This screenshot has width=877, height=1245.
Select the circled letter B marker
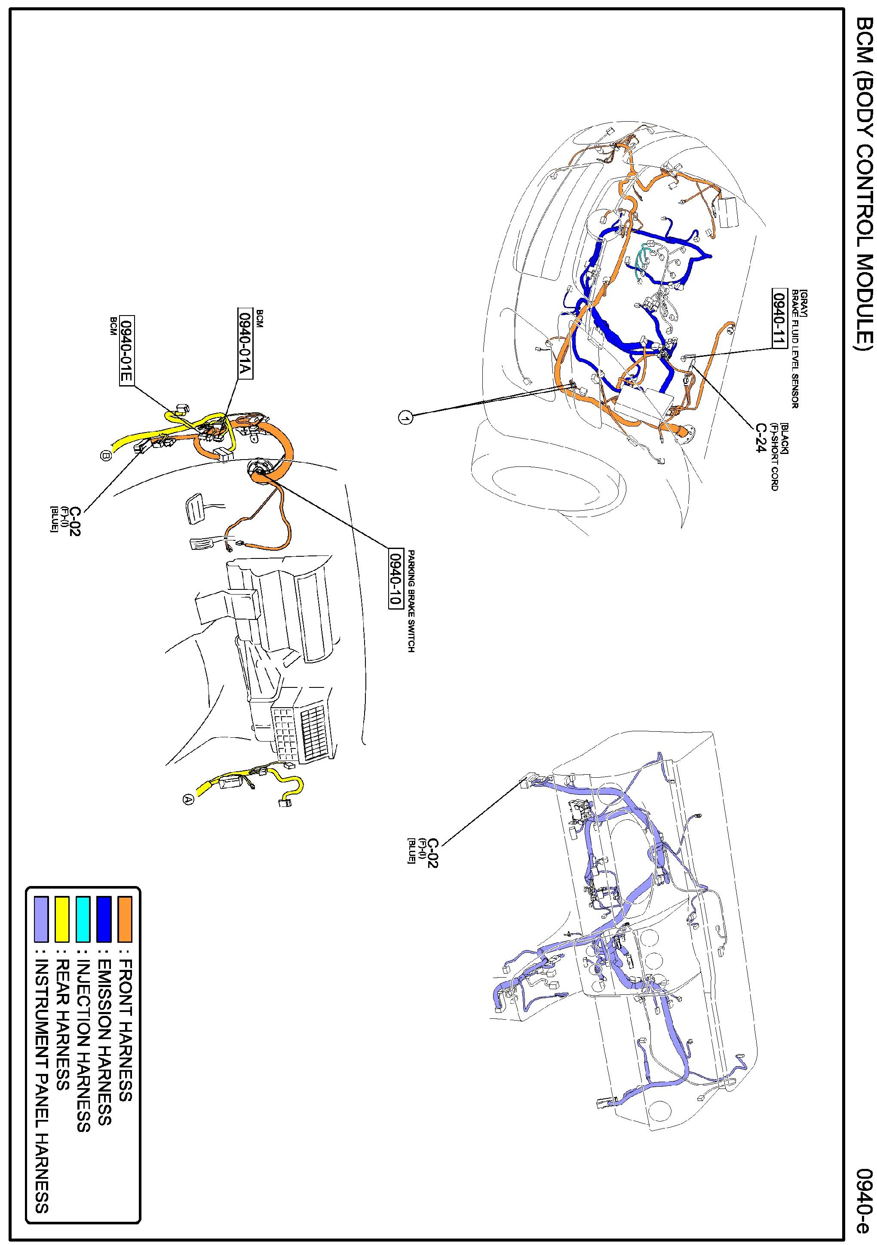[106, 456]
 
